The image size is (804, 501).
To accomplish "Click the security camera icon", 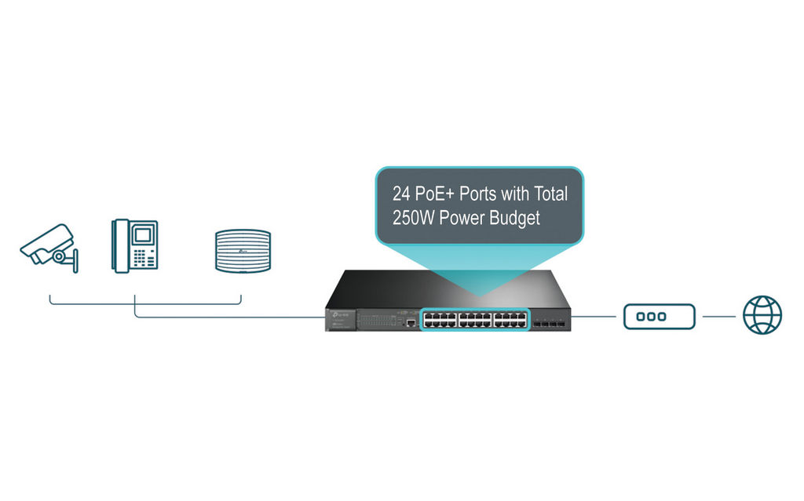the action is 49,249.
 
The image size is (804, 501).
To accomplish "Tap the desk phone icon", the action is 135,246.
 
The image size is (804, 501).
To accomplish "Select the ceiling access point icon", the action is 243,251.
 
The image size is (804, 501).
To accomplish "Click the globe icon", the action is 762,315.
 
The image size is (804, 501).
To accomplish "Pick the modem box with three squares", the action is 660,317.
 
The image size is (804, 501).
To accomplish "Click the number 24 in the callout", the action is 401,194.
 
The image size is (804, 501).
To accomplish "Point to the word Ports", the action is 478,194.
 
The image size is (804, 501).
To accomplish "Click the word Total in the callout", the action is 550,194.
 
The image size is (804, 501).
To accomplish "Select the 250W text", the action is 413,218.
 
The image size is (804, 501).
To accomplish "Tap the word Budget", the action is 514,219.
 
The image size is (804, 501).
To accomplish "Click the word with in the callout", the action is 515,194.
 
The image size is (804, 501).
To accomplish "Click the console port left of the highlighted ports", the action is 411,323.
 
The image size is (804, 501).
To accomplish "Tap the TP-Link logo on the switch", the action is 340,314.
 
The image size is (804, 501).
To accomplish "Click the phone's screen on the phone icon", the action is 143,236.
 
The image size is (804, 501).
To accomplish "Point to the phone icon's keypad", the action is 144,258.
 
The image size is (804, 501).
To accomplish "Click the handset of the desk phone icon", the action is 120,246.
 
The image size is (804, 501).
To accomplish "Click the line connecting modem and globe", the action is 719,317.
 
